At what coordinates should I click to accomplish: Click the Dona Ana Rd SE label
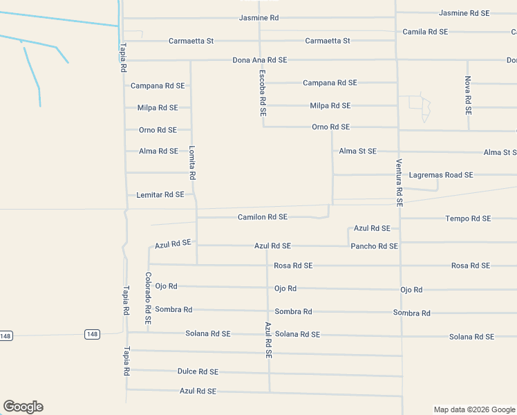point(260,60)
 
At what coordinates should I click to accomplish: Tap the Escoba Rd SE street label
point(263,93)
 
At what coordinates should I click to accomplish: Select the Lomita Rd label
point(193,163)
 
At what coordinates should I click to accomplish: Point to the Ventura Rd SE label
point(399,183)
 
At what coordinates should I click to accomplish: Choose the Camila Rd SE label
point(425,32)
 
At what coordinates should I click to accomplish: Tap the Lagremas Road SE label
point(441,175)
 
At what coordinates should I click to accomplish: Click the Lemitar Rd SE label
point(160,195)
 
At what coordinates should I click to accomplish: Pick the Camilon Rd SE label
point(263,217)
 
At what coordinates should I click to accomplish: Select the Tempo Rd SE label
point(468,219)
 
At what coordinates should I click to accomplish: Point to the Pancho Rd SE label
point(374,246)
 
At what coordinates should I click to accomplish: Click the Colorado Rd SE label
point(148,298)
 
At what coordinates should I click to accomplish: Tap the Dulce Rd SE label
point(198,371)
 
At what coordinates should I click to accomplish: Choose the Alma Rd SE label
point(158,151)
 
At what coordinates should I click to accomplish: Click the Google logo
point(23,407)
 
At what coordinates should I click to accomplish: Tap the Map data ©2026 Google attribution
point(473,409)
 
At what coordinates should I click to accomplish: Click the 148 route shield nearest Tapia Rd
point(92,334)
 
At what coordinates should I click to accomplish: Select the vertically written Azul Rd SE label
point(268,339)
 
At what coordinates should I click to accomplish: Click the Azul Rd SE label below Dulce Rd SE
point(198,391)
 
